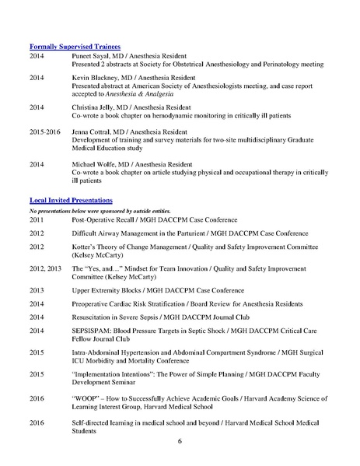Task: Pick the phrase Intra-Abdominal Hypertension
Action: [x=119, y=351]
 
